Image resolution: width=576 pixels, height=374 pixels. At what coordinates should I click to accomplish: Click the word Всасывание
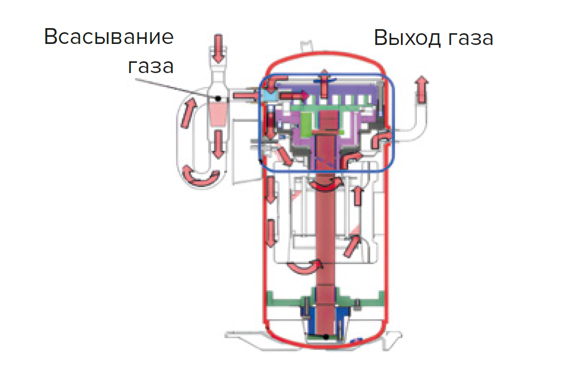tap(109, 37)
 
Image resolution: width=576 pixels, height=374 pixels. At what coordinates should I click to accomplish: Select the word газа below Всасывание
tap(150, 66)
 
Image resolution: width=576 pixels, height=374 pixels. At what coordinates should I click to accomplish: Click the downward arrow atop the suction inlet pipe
tap(218, 48)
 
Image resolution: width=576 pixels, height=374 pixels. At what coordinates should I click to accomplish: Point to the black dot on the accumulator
tap(218, 99)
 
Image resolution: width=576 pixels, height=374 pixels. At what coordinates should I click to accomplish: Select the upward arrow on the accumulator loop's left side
tap(188, 113)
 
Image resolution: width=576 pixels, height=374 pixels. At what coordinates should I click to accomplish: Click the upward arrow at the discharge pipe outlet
tap(422, 89)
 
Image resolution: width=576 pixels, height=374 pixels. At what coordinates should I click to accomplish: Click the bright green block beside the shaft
tap(305, 124)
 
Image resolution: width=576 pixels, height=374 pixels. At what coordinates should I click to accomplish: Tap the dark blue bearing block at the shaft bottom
tap(325, 319)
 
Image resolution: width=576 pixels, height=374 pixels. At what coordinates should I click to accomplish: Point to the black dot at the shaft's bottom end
tap(326, 336)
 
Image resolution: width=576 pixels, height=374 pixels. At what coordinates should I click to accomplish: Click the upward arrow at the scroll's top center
tap(324, 83)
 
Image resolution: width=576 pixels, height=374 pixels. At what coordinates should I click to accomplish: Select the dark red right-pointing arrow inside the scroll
tap(294, 96)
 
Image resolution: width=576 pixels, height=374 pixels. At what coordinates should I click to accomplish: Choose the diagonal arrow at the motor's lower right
tap(352, 246)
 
